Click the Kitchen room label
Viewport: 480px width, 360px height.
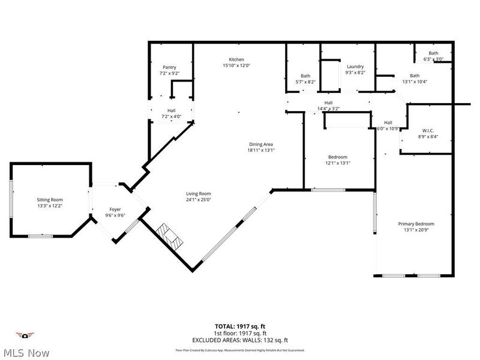(236, 60)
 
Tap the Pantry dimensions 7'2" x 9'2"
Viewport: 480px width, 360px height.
(169, 73)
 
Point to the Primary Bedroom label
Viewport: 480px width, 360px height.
(416, 224)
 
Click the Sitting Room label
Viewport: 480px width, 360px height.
(49, 200)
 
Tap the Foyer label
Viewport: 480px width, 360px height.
(115, 209)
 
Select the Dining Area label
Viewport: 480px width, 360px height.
(262, 144)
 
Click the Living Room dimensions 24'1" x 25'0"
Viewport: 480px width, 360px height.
(198, 199)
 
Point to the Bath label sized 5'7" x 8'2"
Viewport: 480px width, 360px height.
(305, 76)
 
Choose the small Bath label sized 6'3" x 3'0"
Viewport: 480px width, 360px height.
(433, 53)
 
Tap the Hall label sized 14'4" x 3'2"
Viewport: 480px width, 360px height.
(328, 103)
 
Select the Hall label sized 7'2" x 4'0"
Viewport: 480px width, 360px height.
(171, 111)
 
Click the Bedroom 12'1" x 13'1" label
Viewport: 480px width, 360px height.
(337, 157)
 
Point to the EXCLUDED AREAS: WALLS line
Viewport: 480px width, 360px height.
(241, 340)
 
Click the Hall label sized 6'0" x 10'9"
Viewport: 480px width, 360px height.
(388, 122)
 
